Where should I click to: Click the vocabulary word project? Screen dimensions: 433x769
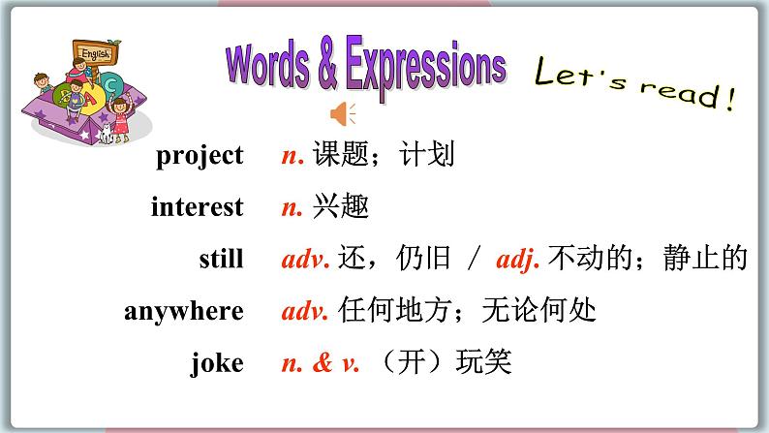click(200, 156)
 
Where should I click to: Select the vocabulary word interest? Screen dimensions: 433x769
click(198, 207)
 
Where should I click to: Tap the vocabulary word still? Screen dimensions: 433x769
click(221, 259)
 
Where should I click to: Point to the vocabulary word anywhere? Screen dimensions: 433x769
click(184, 311)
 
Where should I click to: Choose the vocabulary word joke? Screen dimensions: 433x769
click(218, 363)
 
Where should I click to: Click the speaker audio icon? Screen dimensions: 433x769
click(343, 115)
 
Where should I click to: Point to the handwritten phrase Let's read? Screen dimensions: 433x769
click(633, 85)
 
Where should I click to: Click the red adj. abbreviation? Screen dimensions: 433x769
click(519, 260)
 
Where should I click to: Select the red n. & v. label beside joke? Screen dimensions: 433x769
click(320, 364)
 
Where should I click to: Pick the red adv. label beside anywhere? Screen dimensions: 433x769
click(306, 312)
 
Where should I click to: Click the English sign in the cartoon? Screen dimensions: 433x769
click(96, 54)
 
